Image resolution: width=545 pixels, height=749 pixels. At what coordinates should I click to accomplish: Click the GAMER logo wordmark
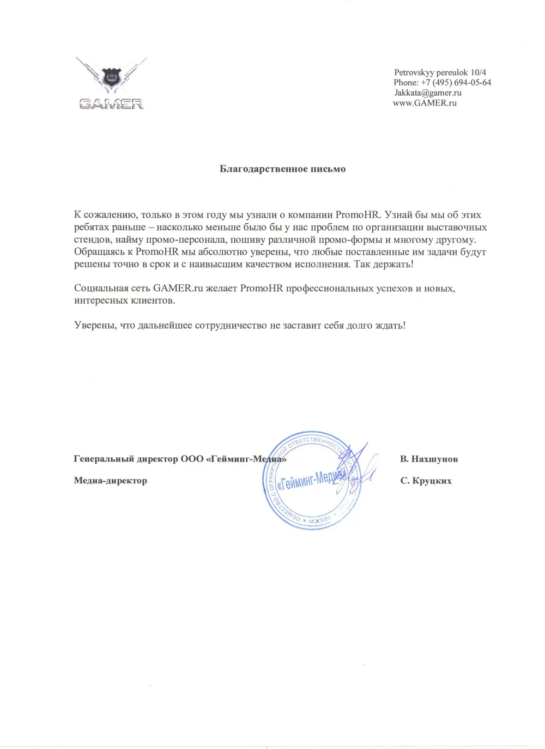pos(111,103)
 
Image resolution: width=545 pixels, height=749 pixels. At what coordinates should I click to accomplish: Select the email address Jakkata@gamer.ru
pos(427,93)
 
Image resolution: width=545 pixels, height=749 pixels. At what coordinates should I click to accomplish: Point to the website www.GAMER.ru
pos(425,102)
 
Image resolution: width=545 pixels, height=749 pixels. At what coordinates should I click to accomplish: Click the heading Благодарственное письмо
pos(282,169)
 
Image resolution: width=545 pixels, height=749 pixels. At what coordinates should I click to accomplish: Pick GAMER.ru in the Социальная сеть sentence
pos(178,288)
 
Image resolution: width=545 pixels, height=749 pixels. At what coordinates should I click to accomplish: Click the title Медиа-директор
pos(110,481)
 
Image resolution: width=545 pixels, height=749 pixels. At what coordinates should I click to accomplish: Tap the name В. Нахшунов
pos(428,459)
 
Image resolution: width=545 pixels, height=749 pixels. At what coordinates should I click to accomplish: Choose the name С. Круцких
pos(426,481)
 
